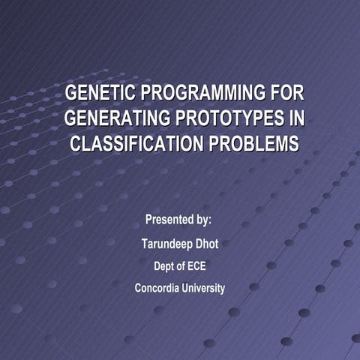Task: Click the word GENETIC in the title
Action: tap(100, 95)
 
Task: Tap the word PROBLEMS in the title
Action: tap(252, 143)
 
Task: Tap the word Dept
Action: tap(164, 265)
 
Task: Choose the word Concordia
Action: tap(157, 288)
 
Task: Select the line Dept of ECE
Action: tap(180, 265)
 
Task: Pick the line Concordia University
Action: tap(180, 288)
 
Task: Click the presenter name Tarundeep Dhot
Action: tap(180, 244)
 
